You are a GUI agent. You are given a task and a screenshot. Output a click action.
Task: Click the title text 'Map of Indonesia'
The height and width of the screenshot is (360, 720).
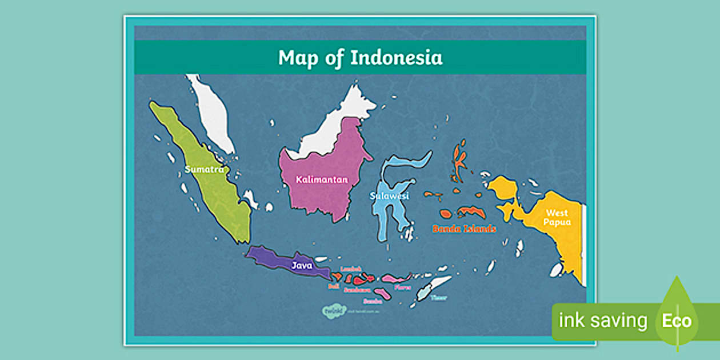(x=360, y=58)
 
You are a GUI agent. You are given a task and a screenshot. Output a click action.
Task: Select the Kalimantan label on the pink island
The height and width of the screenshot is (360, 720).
(x=322, y=179)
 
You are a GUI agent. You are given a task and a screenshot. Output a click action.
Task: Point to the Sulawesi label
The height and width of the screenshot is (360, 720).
(x=389, y=196)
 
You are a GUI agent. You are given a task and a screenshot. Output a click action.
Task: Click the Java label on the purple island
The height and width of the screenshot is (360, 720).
(x=302, y=265)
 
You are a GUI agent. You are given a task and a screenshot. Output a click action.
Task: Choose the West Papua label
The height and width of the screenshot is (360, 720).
(x=557, y=218)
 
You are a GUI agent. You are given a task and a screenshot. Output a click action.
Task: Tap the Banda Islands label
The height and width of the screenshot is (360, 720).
(x=464, y=229)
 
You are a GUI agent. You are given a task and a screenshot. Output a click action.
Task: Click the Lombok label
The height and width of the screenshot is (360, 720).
(x=351, y=269)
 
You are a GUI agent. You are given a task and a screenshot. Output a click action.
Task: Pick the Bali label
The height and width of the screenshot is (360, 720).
(x=334, y=286)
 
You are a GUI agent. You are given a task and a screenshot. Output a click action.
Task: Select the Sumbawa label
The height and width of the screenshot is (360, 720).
(x=357, y=290)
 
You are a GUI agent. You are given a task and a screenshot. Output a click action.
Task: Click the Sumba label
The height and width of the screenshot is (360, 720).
(x=372, y=301)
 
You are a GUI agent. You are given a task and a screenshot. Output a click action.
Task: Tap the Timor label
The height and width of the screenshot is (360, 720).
(x=439, y=297)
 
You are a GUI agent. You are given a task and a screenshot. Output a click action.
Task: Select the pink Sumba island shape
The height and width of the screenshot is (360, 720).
(x=383, y=294)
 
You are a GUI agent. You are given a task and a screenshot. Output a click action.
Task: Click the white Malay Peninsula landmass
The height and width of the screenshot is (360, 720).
(x=213, y=114)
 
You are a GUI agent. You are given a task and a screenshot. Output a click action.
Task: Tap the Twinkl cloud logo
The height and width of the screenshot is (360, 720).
(x=333, y=311)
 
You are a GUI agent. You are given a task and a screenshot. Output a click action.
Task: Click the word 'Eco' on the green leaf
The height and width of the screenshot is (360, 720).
(x=677, y=321)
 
